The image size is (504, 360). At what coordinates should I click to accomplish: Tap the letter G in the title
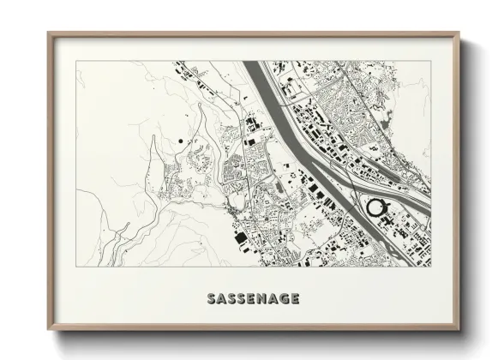(x=283, y=299)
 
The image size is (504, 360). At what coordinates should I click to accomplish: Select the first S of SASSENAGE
(x=212, y=299)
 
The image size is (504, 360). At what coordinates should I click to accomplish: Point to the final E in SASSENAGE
(x=294, y=299)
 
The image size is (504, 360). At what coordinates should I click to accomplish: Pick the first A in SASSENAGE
(x=223, y=299)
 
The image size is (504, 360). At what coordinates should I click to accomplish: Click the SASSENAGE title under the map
(x=253, y=299)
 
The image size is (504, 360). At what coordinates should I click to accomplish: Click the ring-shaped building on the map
(x=375, y=207)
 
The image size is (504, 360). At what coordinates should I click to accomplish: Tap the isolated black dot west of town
(x=182, y=139)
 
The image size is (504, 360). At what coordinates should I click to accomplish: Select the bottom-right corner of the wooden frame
(x=459, y=330)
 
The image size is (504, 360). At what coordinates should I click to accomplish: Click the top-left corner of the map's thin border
(x=76, y=62)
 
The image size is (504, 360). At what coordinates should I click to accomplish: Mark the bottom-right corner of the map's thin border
(x=431, y=268)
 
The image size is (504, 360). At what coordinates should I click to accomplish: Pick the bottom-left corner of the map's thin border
(x=76, y=268)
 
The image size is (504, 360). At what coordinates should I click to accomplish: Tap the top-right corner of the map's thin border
(x=431, y=62)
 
